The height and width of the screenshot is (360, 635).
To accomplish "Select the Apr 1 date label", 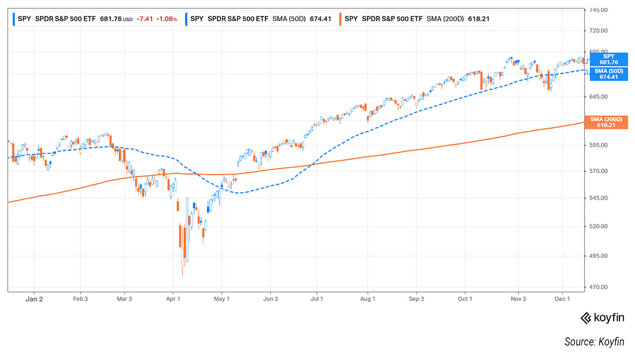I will (x=173, y=299).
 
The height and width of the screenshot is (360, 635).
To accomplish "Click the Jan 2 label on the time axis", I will (x=34, y=299).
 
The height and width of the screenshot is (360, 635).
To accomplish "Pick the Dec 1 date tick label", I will (x=562, y=299).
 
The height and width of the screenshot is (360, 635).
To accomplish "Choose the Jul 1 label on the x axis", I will (x=316, y=299).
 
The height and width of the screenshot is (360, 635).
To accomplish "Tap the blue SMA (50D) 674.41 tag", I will (x=609, y=74).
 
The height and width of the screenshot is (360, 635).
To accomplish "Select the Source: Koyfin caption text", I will (x=594, y=341).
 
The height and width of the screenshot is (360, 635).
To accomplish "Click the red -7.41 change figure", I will (x=146, y=19).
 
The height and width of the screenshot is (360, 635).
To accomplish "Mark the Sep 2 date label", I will (x=416, y=299).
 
